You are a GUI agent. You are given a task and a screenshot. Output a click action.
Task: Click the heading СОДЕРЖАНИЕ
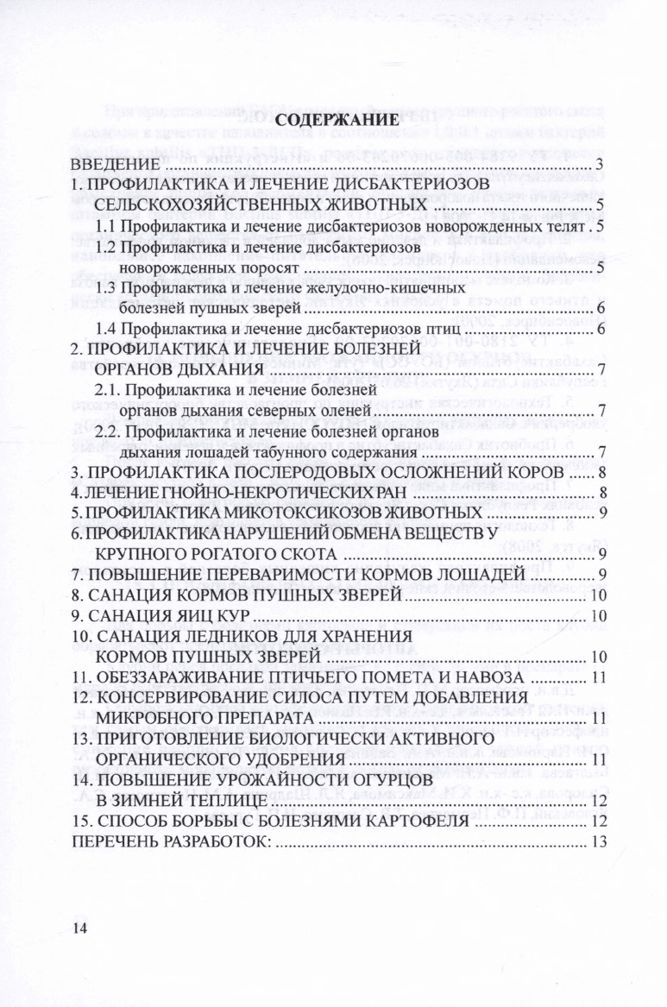[x=342, y=122]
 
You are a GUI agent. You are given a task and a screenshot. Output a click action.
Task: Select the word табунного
[x=274, y=451]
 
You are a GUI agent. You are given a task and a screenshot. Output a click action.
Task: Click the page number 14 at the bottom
[x=80, y=928]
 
